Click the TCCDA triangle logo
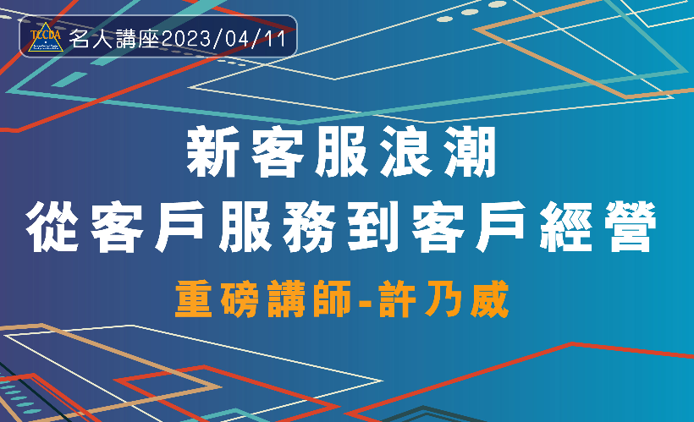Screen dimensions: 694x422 pos(46,37)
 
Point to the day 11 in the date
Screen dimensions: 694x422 pos(277,40)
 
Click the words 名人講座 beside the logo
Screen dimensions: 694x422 pos(114,40)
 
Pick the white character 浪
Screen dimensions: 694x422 pos(405,151)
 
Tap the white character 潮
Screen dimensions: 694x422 pos(470,151)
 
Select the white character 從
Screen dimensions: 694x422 pos(52,227)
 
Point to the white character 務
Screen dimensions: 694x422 pos(309,227)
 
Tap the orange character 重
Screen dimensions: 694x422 pos(194,299)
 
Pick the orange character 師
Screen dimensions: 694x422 pos(332,299)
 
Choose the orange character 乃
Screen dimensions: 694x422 pos(443,299)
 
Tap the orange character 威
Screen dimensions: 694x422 pos(489,299)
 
